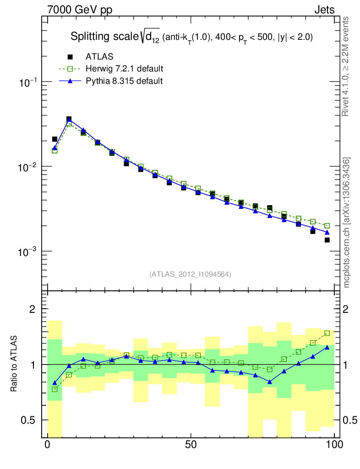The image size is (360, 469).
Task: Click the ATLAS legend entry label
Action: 99,57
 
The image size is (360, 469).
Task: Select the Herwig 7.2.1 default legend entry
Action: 124,69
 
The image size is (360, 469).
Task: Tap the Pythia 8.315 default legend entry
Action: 124,81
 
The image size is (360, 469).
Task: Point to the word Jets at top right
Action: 324,10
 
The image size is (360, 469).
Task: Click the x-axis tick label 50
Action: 191,444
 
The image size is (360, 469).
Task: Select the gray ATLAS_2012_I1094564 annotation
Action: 190,274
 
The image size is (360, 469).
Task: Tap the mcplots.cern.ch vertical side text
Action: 347,222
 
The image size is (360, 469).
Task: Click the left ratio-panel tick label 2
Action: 33,309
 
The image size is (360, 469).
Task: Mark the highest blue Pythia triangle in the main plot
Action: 69,120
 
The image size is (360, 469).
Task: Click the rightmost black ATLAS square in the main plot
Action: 327,240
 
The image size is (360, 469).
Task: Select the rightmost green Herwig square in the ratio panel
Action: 327,333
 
